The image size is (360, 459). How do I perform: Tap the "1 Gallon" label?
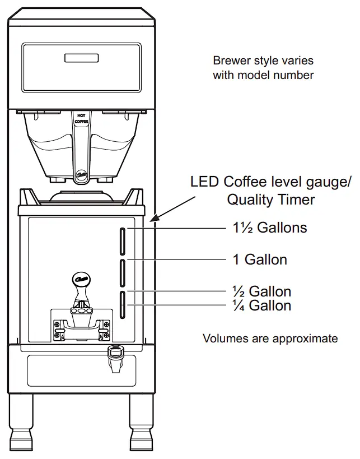[260, 260]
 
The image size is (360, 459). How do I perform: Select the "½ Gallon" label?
[262, 291]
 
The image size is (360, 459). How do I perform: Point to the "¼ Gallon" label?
[262, 305]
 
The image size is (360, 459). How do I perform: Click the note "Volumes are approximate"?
[270, 339]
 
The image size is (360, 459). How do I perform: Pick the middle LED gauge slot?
[123, 273]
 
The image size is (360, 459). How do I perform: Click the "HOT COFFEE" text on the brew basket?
[81, 118]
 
